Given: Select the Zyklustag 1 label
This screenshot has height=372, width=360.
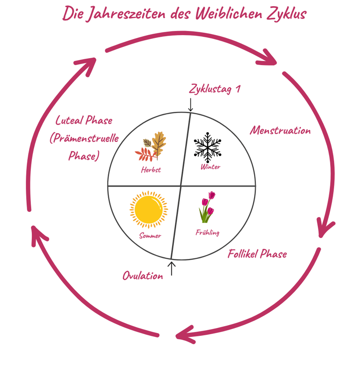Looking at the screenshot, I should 215,89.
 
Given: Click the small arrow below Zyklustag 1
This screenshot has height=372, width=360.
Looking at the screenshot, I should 190,104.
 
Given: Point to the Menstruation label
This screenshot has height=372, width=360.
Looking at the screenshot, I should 280,130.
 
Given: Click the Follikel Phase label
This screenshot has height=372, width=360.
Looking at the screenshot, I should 257,254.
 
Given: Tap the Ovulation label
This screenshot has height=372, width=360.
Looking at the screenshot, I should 142,275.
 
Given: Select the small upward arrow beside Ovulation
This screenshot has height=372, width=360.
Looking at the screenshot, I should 172,268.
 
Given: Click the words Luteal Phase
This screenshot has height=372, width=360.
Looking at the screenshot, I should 84,120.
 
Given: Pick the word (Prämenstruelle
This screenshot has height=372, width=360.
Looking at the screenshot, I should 84,138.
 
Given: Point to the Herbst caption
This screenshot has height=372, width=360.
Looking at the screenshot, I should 151,170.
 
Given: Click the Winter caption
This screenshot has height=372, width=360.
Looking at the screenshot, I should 210,167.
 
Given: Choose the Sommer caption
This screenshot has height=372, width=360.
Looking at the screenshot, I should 150,236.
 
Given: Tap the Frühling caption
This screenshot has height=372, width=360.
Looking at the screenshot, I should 207,232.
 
